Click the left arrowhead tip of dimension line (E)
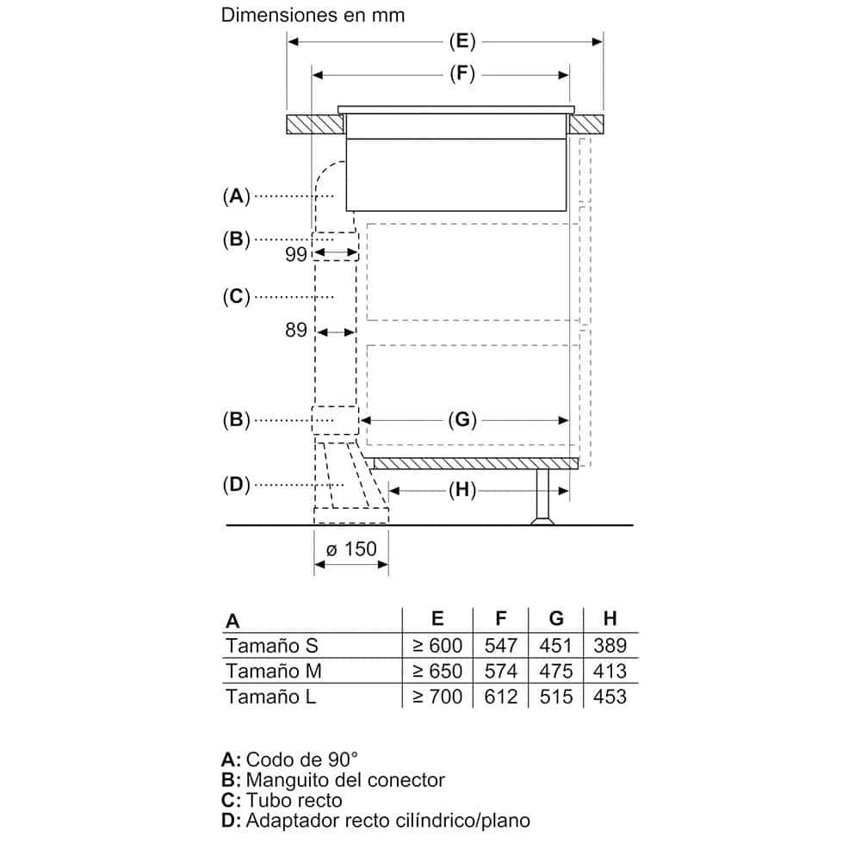[288, 41]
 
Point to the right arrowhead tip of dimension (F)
[569, 75]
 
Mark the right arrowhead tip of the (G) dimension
[569, 421]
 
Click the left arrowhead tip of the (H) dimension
[389, 491]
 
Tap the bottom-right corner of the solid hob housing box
[567, 211]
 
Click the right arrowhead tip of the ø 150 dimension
[388, 565]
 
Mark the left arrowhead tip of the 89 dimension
[318, 332]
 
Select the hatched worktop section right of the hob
[585, 125]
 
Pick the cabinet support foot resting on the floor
[542, 497]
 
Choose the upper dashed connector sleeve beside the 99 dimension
[336, 246]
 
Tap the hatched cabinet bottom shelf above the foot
[475, 463]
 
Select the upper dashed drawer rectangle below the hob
[473, 272]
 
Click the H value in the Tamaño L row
[610, 697]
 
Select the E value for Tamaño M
[437, 671]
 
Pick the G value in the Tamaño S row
[555, 645]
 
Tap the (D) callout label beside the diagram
[236, 485]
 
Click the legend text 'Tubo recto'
[294, 800]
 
